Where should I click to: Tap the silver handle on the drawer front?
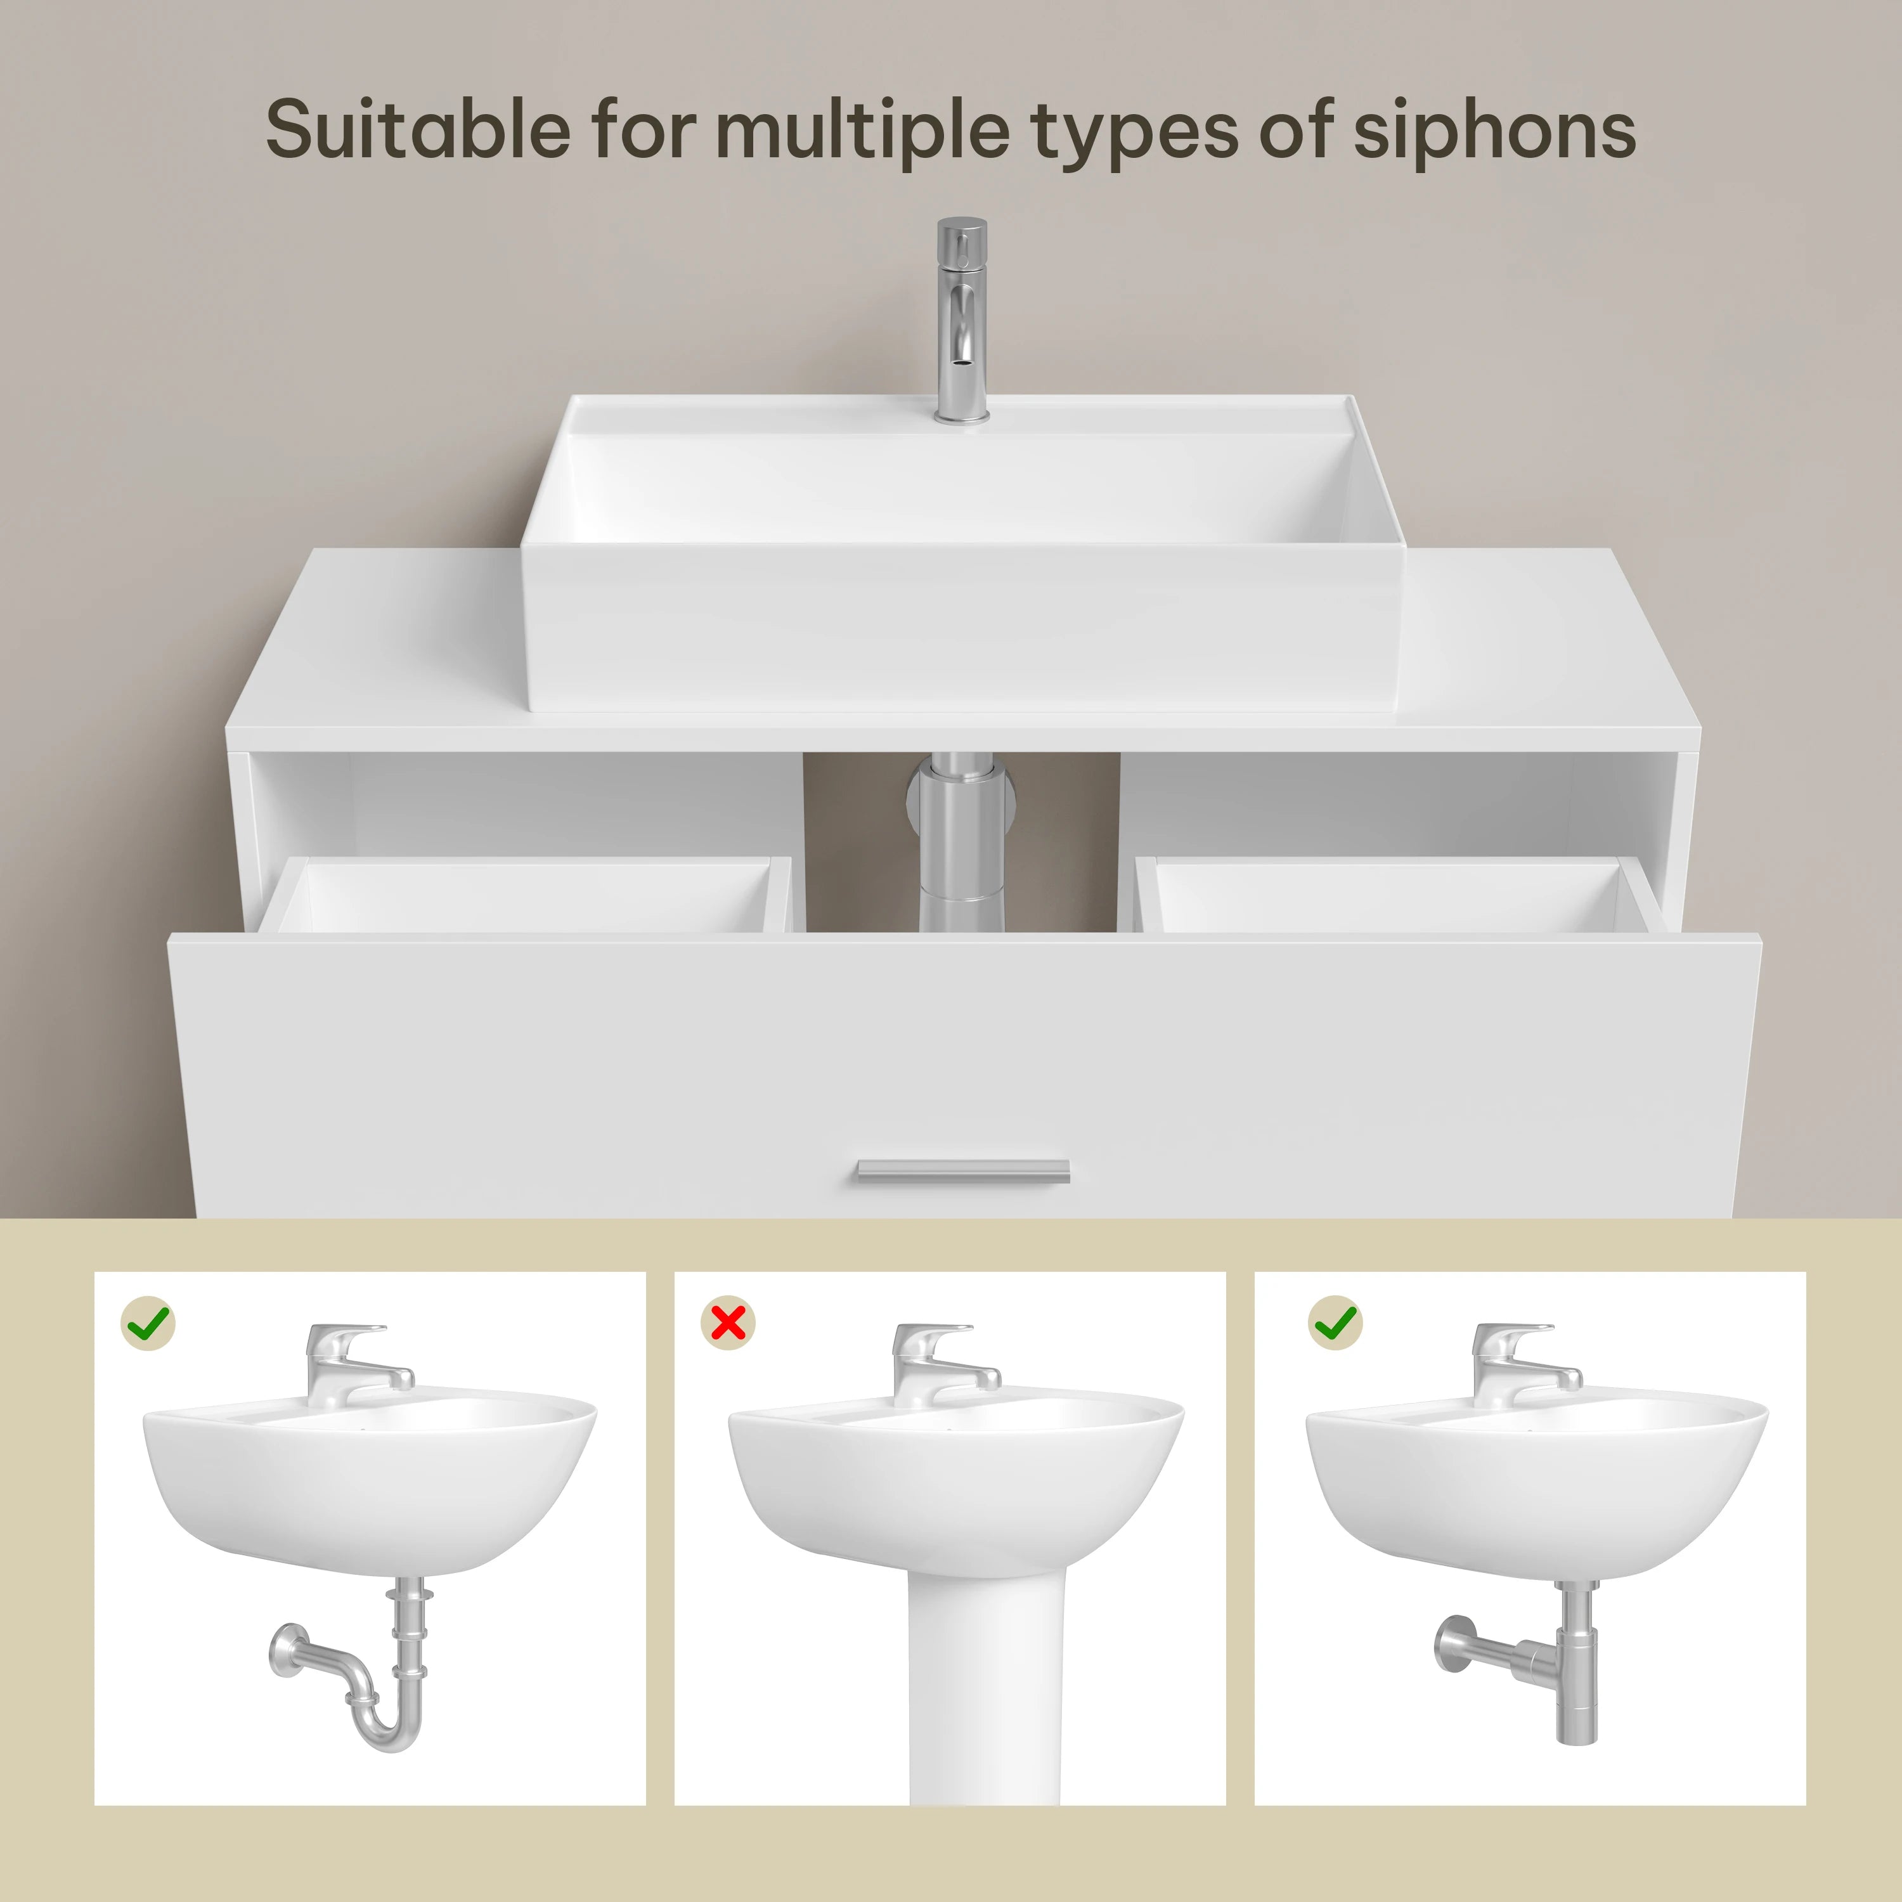[962, 1170]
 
